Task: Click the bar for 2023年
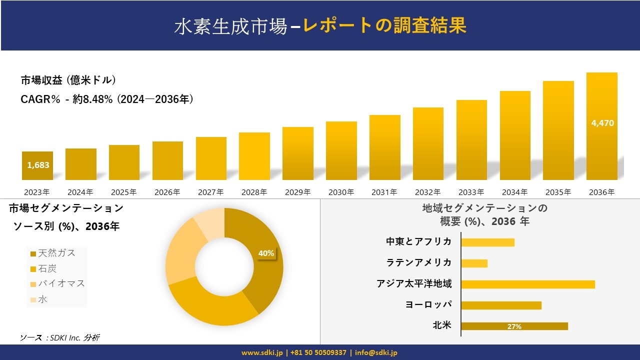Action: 37,166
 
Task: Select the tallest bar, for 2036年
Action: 602,126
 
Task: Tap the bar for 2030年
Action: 341,150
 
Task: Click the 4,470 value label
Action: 602,123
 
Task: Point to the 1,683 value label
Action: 38,165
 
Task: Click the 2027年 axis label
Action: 210,192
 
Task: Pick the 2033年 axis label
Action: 471,192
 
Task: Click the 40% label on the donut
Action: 266,253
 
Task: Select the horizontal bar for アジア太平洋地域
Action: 528,284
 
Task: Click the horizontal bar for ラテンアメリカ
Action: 474,263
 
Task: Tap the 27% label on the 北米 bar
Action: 514,326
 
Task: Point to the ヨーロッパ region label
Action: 428,304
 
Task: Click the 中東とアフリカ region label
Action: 418,241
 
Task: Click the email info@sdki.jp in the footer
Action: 376,352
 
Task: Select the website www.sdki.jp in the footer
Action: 261,352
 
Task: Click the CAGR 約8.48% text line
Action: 107,99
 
